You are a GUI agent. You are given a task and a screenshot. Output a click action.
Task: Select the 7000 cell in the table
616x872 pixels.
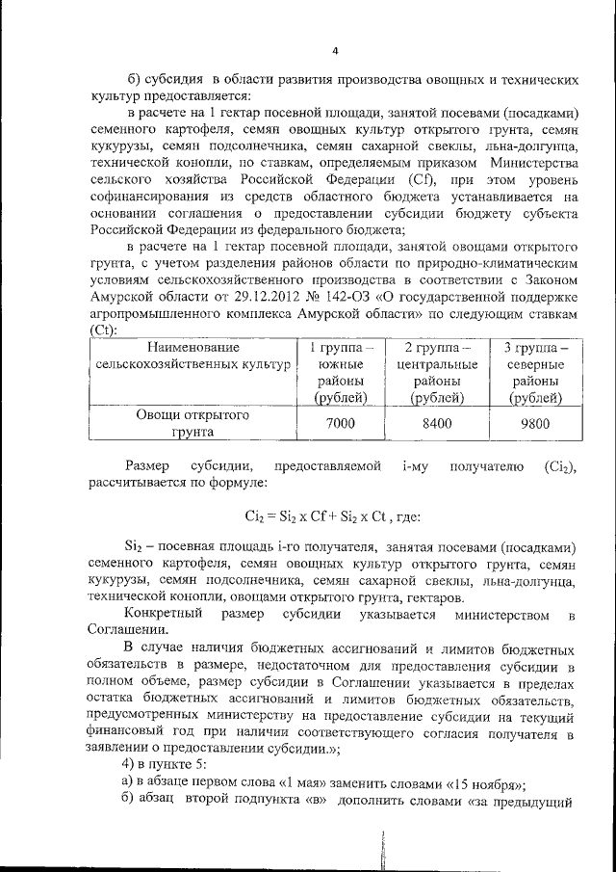pyautogui.click(x=334, y=425)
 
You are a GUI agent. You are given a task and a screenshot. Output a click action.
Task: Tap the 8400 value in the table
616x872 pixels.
pyautogui.click(x=437, y=425)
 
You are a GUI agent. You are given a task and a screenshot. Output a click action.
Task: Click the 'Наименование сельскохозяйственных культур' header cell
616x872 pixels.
pyautogui.click(x=193, y=357)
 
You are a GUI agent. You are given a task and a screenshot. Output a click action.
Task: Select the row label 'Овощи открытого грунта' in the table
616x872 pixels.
pyautogui.click(x=192, y=425)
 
